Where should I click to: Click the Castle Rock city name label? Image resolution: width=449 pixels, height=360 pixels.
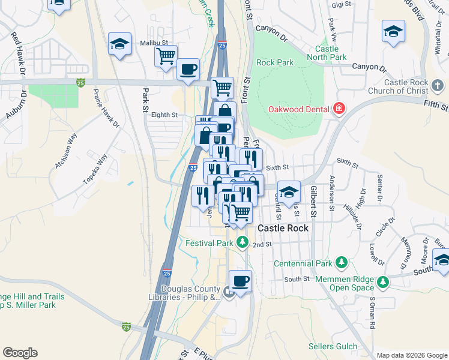pos(283,229)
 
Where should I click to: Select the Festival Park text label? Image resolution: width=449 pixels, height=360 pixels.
pos(208,244)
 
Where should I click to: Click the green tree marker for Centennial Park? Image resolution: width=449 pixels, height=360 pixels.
pos(342,263)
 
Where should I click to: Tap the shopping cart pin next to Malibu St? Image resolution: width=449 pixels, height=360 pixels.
pos(166,56)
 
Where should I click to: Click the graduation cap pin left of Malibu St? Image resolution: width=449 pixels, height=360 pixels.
pos(119,44)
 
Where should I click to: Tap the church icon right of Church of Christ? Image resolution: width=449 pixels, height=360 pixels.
pos(439,86)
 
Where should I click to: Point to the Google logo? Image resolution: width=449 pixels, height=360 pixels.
pos(20,353)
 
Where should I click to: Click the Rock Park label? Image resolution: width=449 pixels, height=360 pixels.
pos(275,62)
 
